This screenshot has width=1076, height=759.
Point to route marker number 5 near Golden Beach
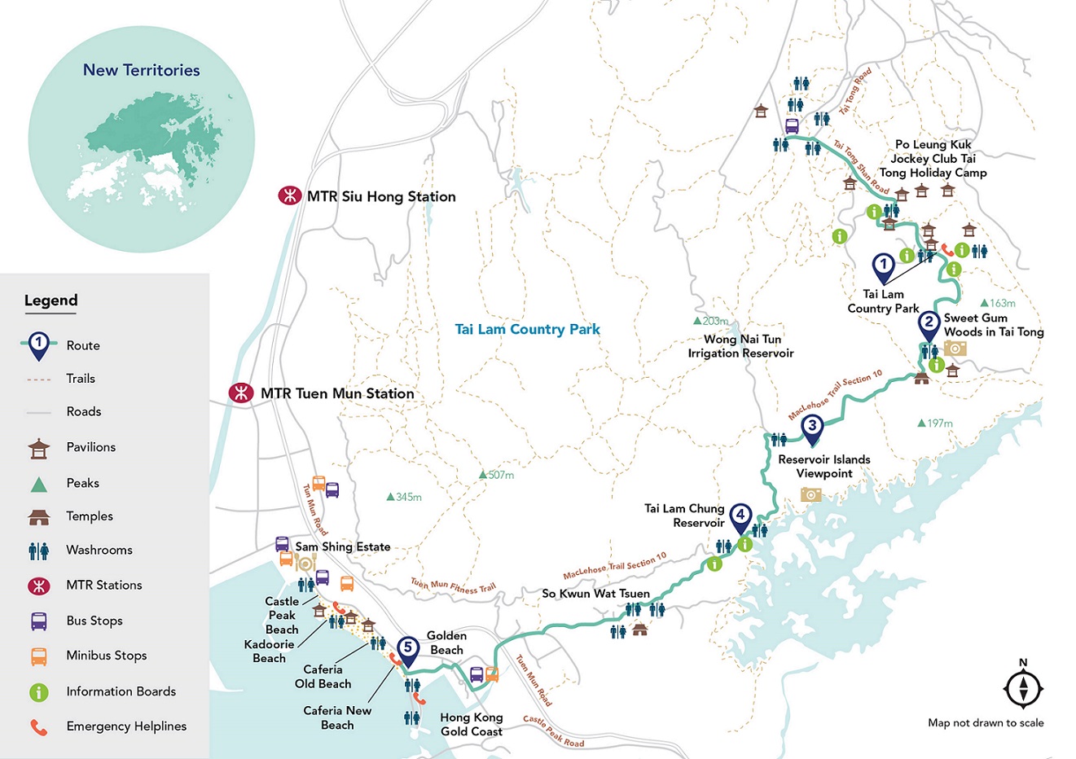pyautogui.click(x=408, y=649)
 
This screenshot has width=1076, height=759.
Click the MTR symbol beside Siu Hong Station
pyautogui.click(x=288, y=196)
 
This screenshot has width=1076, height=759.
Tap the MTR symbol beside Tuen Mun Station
pyautogui.click(x=241, y=393)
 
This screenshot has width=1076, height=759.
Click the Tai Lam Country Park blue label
pyautogui.click(x=527, y=329)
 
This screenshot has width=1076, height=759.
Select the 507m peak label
pyautogui.click(x=496, y=475)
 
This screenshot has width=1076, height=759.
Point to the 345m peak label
pyautogui.click(x=404, y=497)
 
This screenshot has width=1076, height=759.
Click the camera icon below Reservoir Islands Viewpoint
pyautogui.click(x=810, y=494)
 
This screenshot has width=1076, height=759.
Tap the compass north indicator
pyautogui.click(x=1023, y=687)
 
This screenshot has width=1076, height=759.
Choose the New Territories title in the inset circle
pyautogui.click(x=141, y=70)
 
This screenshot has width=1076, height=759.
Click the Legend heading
pyautogui.click(x=51, y=301)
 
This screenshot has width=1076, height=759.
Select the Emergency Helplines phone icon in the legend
pyautogui.click(x=38, y=726)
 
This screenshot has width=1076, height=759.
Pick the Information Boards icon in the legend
pyautogui.click(x=38, y=691)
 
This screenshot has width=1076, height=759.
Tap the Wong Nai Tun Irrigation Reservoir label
pyautogui.click(x=740, y=346)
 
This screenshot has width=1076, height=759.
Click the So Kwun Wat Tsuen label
pyautogui.click(x=595, y=594)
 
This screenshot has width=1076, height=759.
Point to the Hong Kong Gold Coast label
pyautogui.click(x=471, y=724)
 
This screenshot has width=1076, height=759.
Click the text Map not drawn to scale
pyautogui.click(x=985, y=722)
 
